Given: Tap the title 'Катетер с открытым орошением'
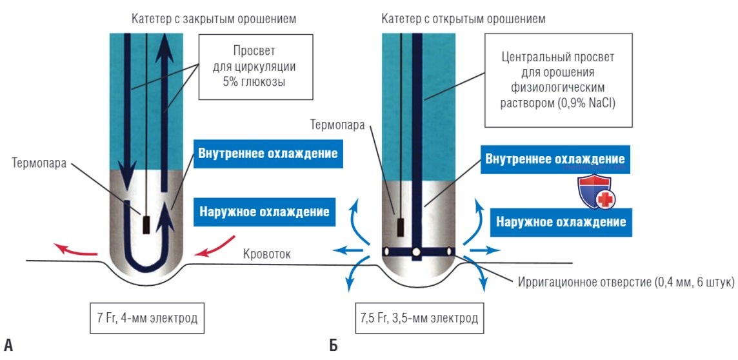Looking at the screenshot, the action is point(464,19).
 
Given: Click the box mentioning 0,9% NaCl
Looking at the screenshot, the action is point(558,79).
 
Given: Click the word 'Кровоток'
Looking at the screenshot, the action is point(267,255).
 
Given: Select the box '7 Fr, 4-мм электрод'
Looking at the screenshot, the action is point(147,317).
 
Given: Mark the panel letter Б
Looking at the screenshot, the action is point(334,345).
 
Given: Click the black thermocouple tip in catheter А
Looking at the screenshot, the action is point(147,225).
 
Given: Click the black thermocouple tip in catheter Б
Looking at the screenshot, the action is point(401,228).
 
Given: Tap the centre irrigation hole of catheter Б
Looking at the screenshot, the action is point(416,253).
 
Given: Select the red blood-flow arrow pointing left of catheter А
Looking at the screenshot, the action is point(75,250).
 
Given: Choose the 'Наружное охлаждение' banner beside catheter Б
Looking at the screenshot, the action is point(561,222).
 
